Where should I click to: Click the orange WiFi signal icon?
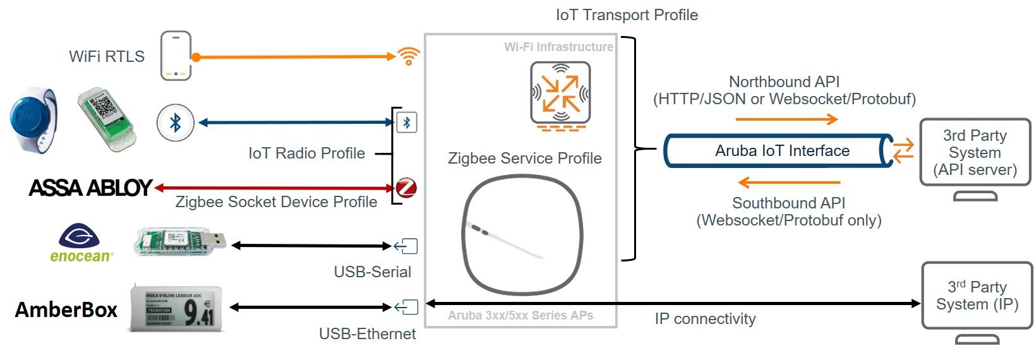coord(409,56)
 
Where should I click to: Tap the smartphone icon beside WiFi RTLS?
coord(176,56)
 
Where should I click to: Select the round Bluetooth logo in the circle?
coord(175,123)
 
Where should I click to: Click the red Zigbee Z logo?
coord(406,188)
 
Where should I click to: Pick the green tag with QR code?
coord(107,119)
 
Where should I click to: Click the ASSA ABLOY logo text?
coord(90,188)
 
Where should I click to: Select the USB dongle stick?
coord(180,242)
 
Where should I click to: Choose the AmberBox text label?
coord(66,310)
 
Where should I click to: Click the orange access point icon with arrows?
coord(560,93)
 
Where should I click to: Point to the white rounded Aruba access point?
coord(522,234)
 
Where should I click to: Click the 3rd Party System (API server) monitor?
coord(975,153)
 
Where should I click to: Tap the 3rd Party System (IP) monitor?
coord(977,296)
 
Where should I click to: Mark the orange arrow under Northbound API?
coord(786,119)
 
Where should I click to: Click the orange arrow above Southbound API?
coord(789,183)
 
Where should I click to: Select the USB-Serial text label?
coord(372,272)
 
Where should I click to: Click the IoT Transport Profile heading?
coord(627,15)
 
